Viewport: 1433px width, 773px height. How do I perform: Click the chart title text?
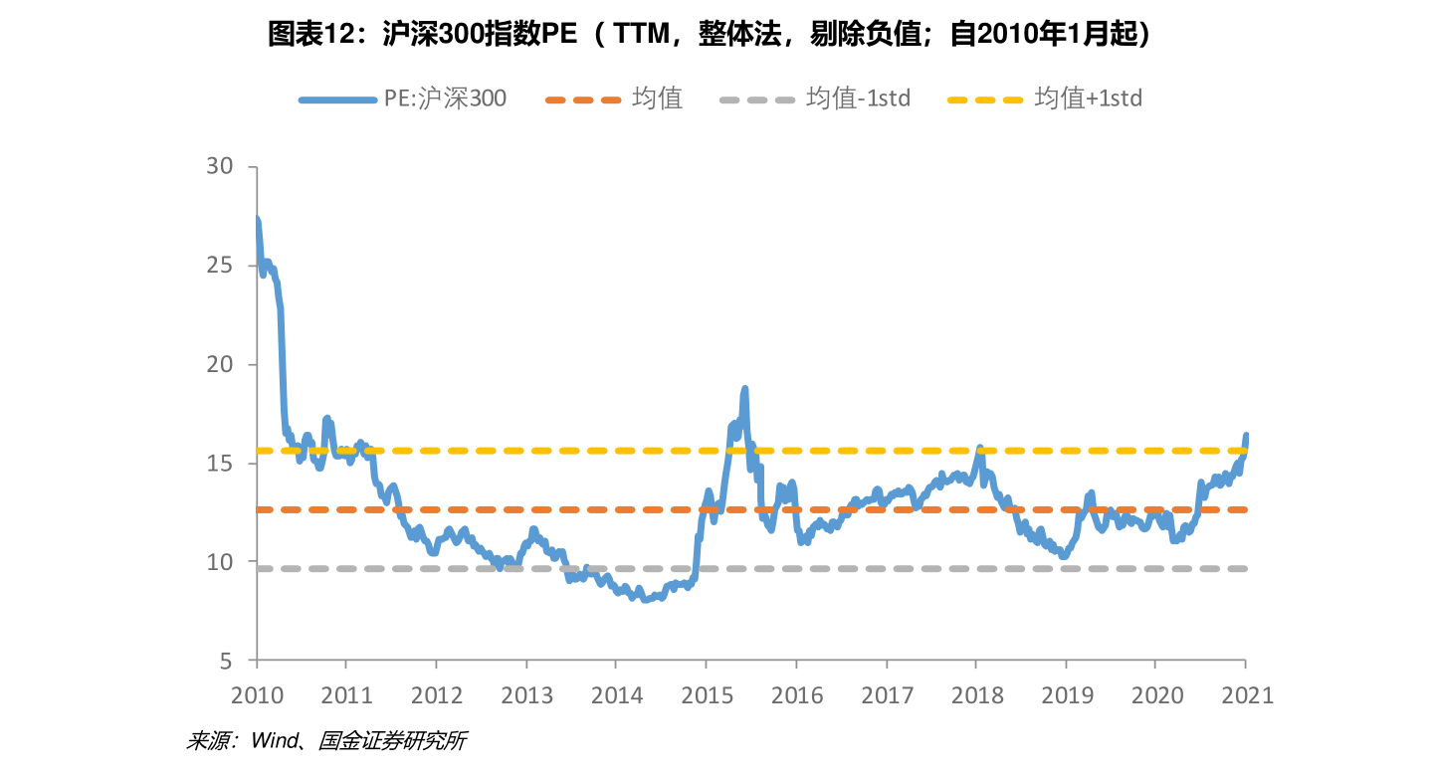(709, 34)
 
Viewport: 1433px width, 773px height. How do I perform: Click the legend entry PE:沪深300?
(402, 99)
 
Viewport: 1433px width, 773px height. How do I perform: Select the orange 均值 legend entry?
(614, 99)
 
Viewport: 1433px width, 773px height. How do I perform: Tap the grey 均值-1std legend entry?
(814, 99)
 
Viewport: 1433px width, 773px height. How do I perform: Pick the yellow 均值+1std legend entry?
(1045, 99)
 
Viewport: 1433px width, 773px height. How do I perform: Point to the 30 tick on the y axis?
(219, 166)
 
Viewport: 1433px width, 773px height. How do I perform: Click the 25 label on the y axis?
(219, 265)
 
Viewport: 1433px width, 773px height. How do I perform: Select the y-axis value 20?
(219, 364)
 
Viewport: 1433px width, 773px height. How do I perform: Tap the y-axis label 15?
(219, 463)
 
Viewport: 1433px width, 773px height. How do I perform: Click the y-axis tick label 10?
(219, 562)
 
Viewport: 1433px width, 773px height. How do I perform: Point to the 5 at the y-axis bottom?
(226, 662)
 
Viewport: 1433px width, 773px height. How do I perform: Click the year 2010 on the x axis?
(257, 695)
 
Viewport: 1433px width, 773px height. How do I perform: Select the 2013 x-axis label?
(526, 695)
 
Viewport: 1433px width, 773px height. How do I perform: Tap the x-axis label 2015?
(707, 695)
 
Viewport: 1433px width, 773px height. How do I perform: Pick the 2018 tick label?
(977, 695)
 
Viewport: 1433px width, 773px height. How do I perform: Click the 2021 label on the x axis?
(1247, 695)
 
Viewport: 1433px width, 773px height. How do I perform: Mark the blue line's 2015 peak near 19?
(744, 389)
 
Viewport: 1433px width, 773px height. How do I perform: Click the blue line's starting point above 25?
(257, 219)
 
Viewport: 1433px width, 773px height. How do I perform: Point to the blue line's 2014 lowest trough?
(645, 600)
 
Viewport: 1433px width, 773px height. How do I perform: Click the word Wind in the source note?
(275, 741)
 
